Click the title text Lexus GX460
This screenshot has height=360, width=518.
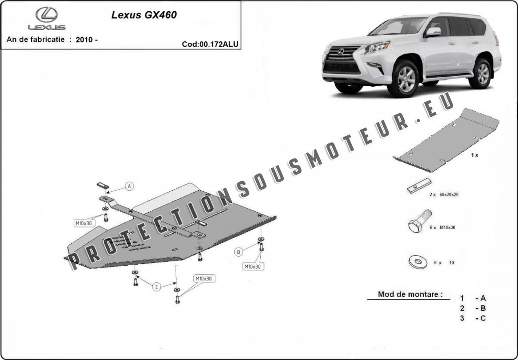pyautogui.click(x=144, y=15)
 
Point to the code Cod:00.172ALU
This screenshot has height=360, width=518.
pyautogui.click(x=210, y=44)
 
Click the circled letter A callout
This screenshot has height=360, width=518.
pyautogui.click(x=129, y=186)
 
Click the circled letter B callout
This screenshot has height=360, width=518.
pyautogui.click(x=239, y=252)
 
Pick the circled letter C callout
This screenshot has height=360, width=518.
pyautogui.click(x=156, y=287)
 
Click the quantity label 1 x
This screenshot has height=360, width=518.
pyautogui.click(x=474, y=155)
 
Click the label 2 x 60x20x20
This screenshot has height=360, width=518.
pyautogui.click(x=443, y=195)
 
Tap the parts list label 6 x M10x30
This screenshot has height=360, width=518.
pyautogui.click(x=442, y=227)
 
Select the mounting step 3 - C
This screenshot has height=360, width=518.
pyautogui.click(x=473, y=318)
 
